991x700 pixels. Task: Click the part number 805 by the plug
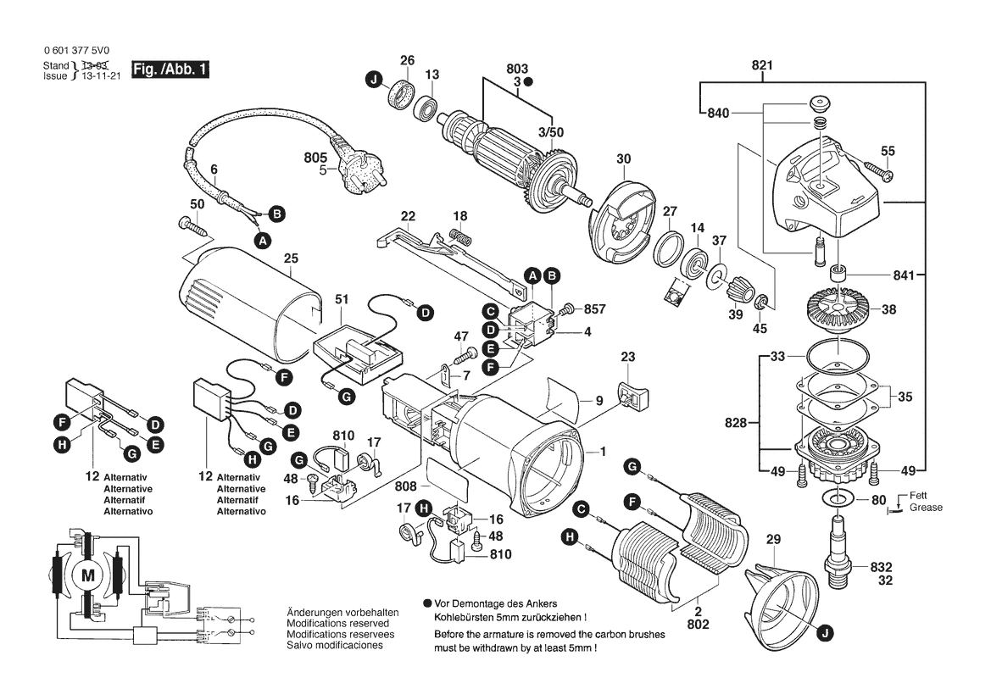(315, 158)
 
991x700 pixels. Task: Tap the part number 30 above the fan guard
(624, 158)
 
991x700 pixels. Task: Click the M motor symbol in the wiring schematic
(86, 577)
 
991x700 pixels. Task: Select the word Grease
(927, 508)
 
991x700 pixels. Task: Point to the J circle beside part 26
(373, 81)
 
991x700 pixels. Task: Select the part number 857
(596, 308)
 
